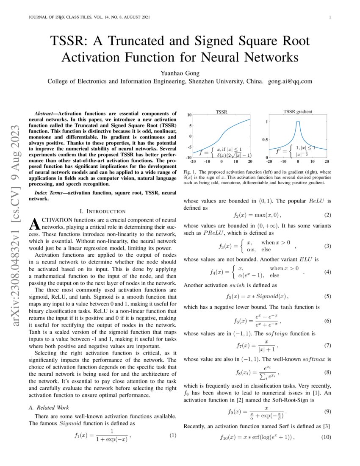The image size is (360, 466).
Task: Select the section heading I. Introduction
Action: [102, 211]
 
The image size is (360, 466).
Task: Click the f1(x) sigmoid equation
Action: [102, 435]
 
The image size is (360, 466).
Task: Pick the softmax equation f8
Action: [257, 373]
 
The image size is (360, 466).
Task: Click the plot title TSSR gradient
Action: [298, 112]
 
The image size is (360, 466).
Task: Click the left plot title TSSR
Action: [221, 112]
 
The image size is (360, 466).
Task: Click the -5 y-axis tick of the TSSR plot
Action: [189, 147]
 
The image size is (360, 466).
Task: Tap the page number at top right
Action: [329, 17]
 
